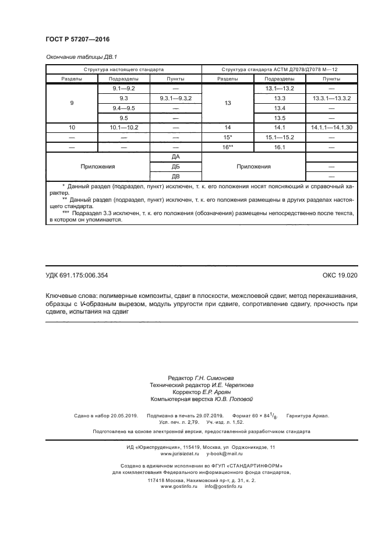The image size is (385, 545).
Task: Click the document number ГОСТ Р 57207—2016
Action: (x=77, y=39)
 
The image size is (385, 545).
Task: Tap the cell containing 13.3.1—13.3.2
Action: (x=331, y=99)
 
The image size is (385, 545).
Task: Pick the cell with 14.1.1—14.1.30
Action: (x=331, y=127)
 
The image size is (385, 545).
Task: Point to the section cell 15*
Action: (x=228, y=138)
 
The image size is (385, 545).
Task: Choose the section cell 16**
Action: (x=228, y=147)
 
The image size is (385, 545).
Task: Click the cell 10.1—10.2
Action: (x=123, y=127)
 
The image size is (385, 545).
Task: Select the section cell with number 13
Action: (x=228, y=103)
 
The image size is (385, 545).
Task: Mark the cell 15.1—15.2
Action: (x=280, y=138)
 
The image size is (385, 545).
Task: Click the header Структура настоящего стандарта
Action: (x=123, y=69)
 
